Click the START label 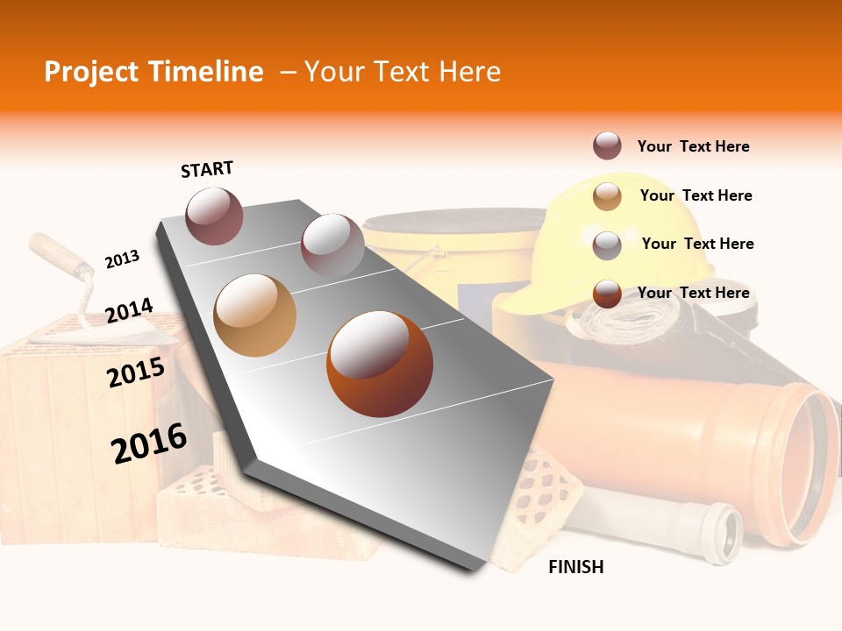207,169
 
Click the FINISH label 575,567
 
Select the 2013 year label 122,259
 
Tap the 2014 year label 129,311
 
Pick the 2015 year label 136,372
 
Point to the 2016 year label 149,443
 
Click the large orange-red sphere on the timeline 380,364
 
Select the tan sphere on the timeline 254,315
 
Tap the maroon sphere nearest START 214,216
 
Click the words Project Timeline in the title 153,72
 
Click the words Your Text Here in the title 402,72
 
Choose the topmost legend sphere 607,145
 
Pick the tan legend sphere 607,196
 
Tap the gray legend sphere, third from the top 607,245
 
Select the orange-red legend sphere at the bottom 607,294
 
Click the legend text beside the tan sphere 696,195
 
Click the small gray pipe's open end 725,531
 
